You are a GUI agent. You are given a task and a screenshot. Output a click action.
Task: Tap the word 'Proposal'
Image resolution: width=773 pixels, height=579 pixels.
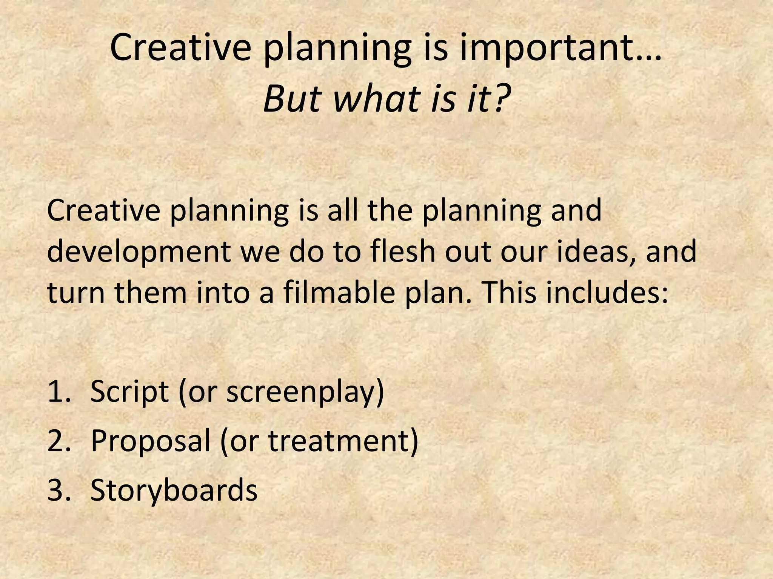click(x=150, y=441)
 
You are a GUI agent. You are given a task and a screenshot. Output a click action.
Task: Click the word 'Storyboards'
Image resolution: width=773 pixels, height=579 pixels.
click(x=174, y=490)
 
